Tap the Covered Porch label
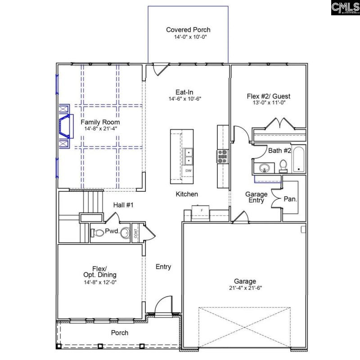[x=188, y=30]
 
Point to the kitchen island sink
[x=188, y=156]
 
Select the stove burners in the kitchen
[x=222, y=156]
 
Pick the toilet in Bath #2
[x=283, y=166]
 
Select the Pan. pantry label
[x=290, y=198]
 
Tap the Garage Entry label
[x=256, y=197]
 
